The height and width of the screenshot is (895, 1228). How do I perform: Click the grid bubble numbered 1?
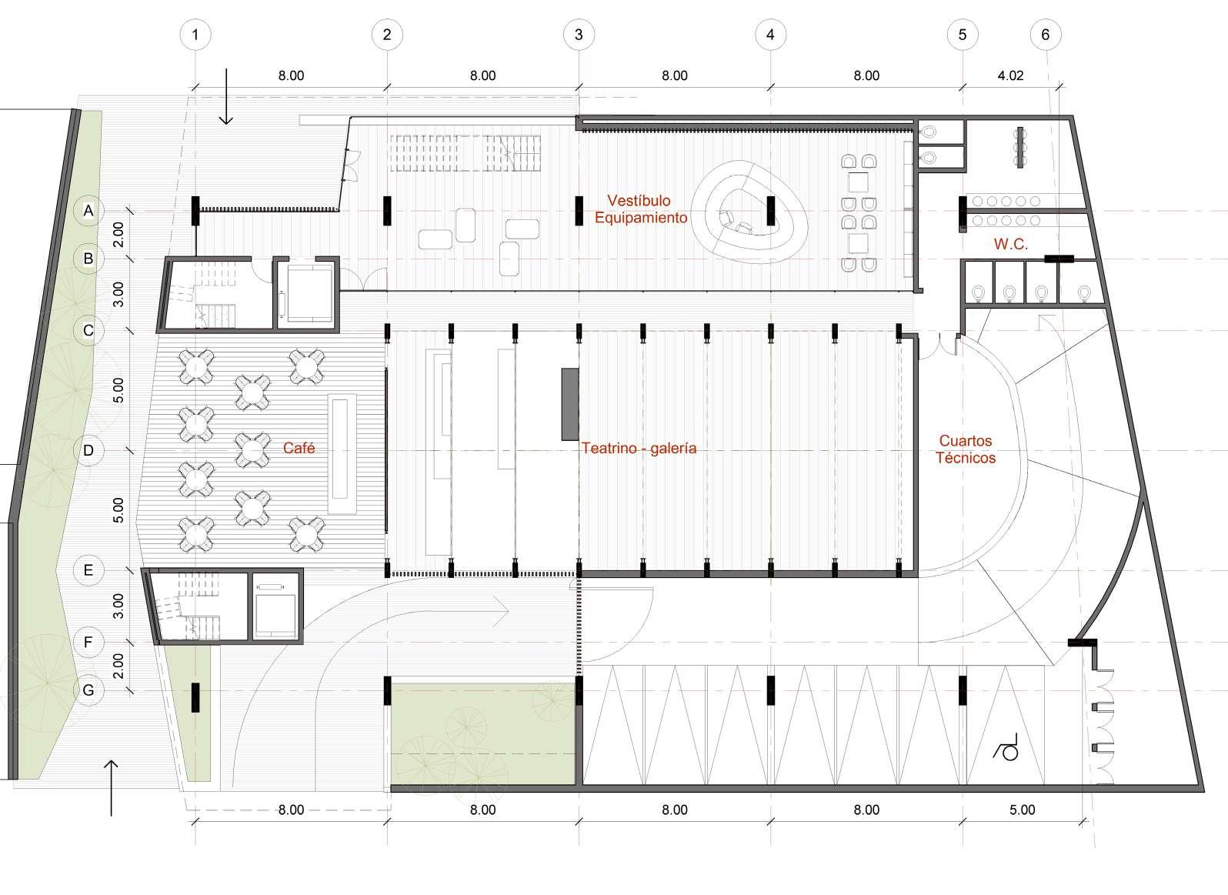click(195, 35)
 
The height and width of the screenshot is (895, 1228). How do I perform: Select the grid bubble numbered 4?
click(770, 35)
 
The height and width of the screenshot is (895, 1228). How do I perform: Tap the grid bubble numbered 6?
click(1046, 35)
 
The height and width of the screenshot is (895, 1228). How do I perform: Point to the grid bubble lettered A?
click(88, 211)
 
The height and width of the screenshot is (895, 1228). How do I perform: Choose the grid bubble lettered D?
click(88, 450)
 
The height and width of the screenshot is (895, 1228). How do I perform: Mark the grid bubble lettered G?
click(88, 690)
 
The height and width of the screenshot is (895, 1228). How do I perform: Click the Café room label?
click(299, 448)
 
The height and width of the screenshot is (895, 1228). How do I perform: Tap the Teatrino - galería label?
click(639, 448)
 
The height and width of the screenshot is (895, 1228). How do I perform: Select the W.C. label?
click(1011, 244)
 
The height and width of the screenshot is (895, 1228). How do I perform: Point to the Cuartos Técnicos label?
click(966, 449)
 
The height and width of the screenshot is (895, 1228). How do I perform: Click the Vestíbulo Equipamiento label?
click(641, 209)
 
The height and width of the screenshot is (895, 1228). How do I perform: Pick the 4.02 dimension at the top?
click(1010, 75)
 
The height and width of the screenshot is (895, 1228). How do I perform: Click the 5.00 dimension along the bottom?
click(1023, 810)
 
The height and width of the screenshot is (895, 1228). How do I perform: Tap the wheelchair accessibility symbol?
click(1006, 747)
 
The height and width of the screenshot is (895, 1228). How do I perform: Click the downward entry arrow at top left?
click(226, 96)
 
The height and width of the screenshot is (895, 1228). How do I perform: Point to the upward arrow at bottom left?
click(112, 788)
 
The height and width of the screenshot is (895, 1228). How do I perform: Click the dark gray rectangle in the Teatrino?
click(569, 404)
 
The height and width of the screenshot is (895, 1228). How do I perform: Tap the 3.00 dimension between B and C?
click(118, 295)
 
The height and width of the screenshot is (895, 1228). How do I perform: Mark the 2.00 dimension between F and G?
click(118, 666)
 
